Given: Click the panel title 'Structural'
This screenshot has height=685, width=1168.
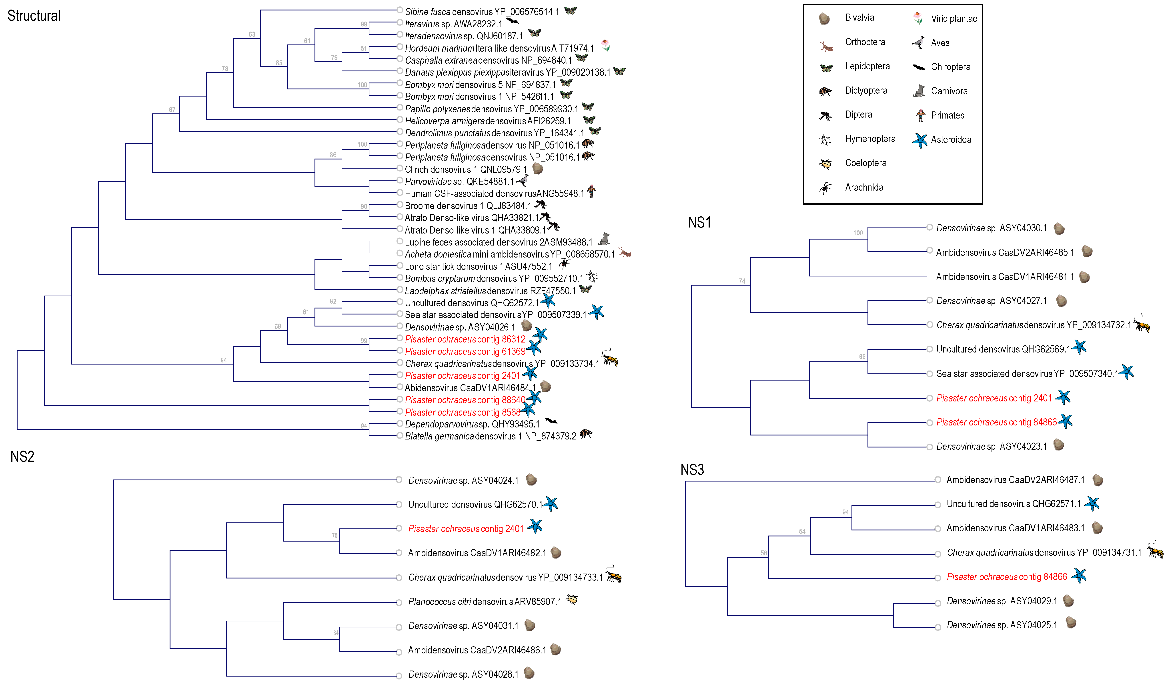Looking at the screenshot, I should point(34,16).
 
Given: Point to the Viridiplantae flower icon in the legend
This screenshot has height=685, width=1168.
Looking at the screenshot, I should point(918,18).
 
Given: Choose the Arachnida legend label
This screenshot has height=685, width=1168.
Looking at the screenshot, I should point(864,187).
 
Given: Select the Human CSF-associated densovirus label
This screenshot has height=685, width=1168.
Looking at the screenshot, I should point(494,193).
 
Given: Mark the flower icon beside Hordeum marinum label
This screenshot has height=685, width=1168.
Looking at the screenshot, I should point(605,45).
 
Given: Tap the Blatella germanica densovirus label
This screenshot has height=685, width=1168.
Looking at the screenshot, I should point(490,436).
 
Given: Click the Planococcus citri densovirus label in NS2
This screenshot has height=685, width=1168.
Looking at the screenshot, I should point(484,602).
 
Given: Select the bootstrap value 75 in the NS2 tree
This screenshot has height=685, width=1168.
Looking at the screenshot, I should point(335,535).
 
